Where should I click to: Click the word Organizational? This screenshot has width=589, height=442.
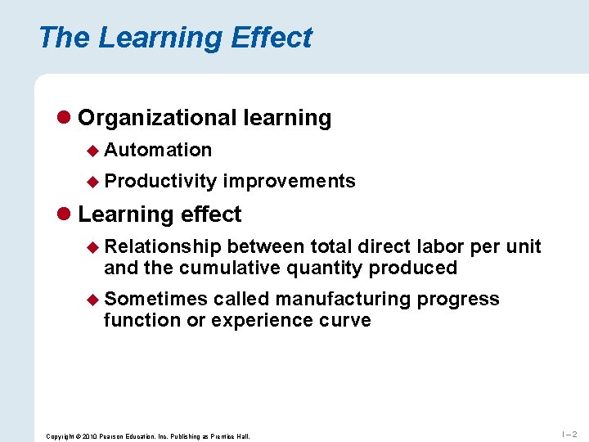click(157, 118)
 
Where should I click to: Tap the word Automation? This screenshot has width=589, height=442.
click(158, 150)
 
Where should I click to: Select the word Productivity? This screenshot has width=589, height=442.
click(160, 181)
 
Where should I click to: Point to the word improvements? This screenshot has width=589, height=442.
click(290, 181)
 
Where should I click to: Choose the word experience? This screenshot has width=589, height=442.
click(257, 320)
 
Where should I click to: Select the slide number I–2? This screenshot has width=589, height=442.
click(569, 434)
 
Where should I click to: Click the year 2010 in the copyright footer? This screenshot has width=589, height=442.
click(87, 436)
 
